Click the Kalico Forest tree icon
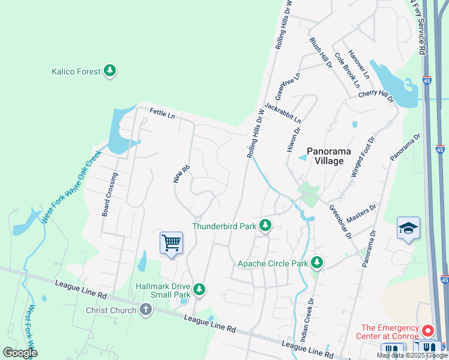tap(109, 71)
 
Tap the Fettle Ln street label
tap(162, 113)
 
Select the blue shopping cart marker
tap(171, 243)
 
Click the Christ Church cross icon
tap(145, 310)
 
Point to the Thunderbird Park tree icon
tap(265, 226)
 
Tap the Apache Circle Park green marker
tap(316, 263)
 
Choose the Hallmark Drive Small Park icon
tap(199, 290)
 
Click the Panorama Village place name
tap(325, 156)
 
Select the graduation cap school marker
tap(408, 229)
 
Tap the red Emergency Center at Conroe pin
tap(428, 331)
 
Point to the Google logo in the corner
tap(20, 353)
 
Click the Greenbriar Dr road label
tap(340, 222)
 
